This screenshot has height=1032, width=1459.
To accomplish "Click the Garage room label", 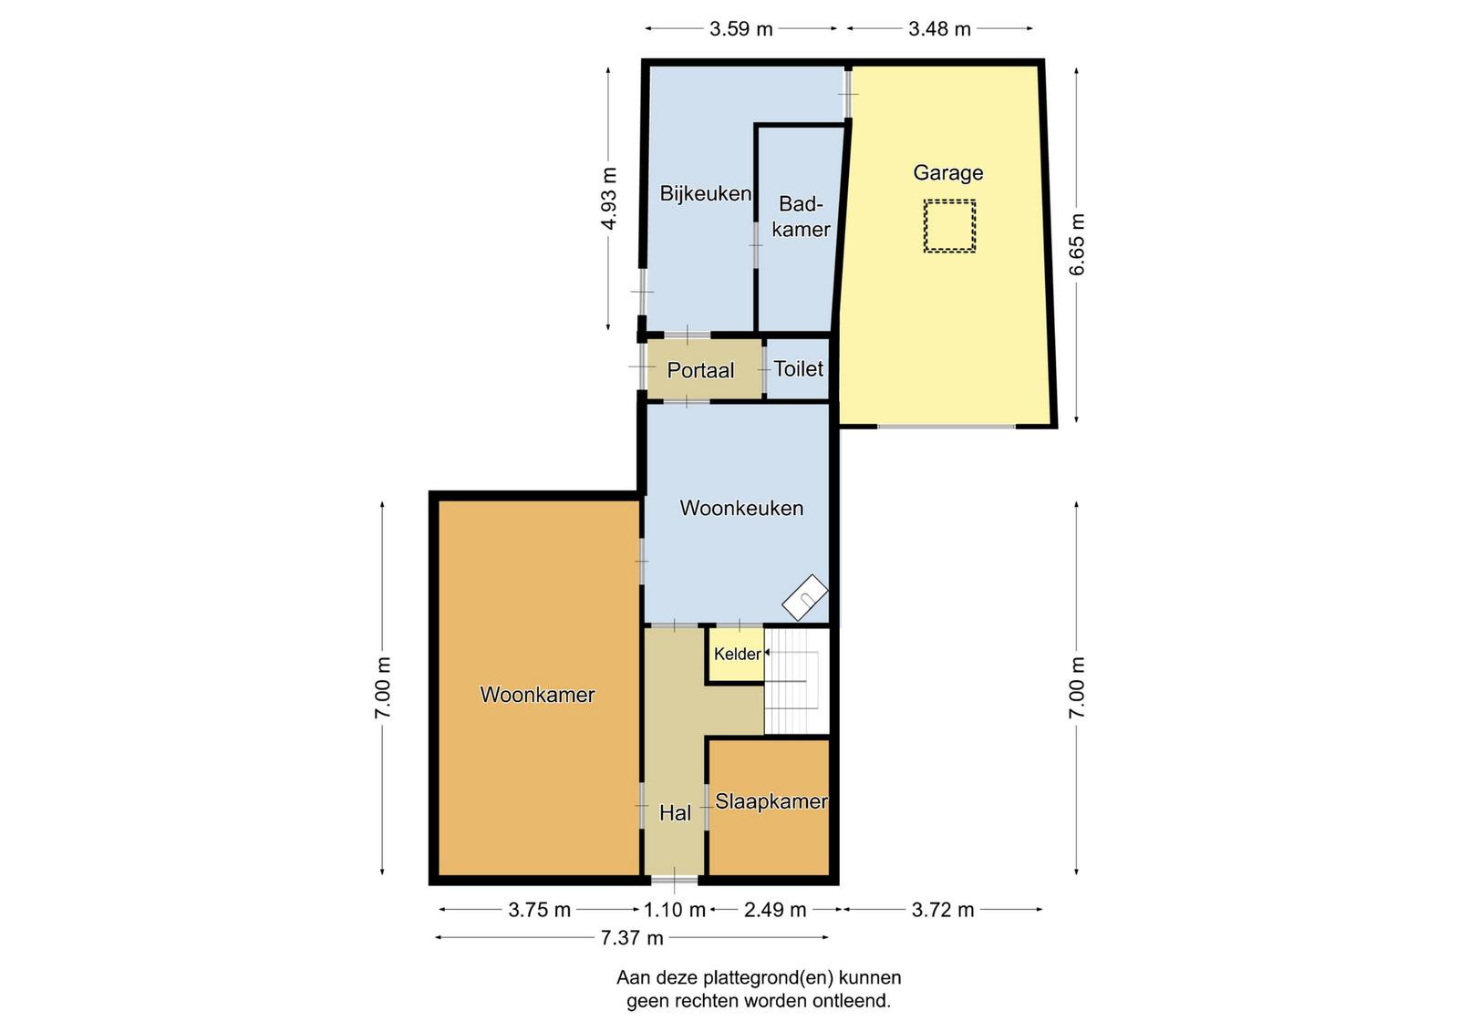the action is click(x=947, y=173).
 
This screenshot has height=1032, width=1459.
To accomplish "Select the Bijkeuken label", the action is click(x=706, y=193).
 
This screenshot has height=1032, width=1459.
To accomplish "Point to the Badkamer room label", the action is click(x=802, y=217).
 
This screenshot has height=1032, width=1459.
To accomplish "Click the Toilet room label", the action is click(x=799, y=369).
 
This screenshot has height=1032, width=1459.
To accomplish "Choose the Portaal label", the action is click(x=700, y=370).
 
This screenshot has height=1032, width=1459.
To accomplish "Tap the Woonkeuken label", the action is click(x=741, y=508).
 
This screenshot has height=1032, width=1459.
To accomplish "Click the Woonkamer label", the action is click(x=537, y=695).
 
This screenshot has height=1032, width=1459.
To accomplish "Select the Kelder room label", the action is click(x=738, y=654).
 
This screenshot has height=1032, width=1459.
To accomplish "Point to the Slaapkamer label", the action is click(x=771, y=801).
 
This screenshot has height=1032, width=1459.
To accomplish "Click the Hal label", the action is click(x=675, y=812).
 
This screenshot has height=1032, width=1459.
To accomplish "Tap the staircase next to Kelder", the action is click(x=797, y=681).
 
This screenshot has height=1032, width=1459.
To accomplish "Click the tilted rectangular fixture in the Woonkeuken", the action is click(x=805, y=597).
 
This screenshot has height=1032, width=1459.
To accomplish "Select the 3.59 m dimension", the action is click(x=741, y=28).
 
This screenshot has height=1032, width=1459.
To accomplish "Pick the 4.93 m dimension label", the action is click(x=608, y=199).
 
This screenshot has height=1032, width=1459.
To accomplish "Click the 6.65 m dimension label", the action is click(x=1077, y=244).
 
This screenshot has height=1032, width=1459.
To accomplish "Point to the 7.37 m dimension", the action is click(x=632, y=937).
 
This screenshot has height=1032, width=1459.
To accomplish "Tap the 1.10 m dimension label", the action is click(x=675, y=910).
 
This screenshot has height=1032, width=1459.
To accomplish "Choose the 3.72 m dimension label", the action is click(x=943, y=910).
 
